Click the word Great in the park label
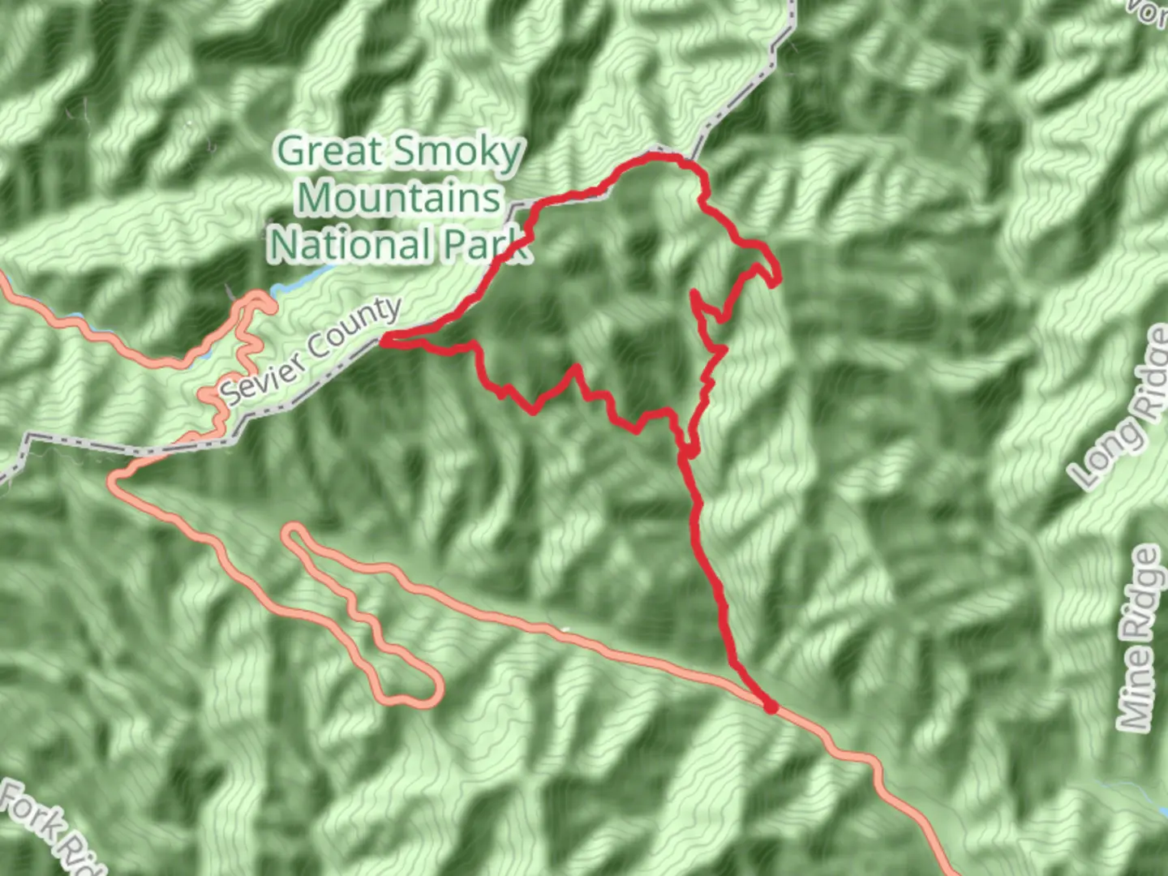(x=328, y=152)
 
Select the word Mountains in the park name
(x=399, y=197)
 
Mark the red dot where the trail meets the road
(x=771, y=707)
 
